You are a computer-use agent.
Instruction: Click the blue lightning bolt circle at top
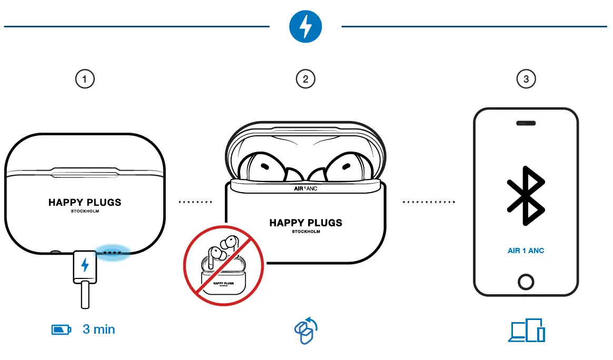(x=306, y=27)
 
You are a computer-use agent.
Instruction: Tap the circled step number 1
(x=85, y=79)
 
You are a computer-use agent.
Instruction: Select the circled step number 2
(x=306, y=79)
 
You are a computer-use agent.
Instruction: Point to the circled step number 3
(x=526, y=79)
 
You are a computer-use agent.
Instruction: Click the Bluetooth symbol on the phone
(x=525, y=195)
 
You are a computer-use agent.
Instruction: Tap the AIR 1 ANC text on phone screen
(x=526, y=251)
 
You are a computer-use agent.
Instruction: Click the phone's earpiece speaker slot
(x=526, y=123)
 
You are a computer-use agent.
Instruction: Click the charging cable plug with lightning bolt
(x=85, y=266)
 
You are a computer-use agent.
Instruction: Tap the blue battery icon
(x=61, y=330)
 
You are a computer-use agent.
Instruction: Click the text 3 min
(x=98, y=329)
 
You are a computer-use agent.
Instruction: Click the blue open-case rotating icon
(x=305, y=331)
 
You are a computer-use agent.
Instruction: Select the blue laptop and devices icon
(x=527, y=331)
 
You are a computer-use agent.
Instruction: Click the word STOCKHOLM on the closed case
(x=85, y=211)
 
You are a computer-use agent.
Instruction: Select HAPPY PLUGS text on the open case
(x=305, y=223)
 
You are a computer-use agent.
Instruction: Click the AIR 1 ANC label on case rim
(x=305, y=187)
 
